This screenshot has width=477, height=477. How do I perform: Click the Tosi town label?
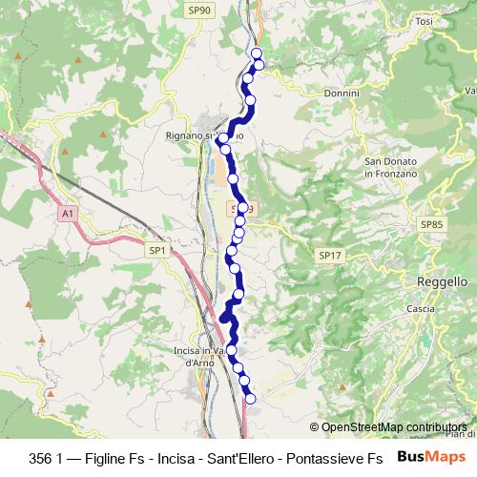click(425, 21)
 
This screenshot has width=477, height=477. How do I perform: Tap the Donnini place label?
click(341, 93)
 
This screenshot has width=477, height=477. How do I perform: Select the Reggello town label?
click(442, 283)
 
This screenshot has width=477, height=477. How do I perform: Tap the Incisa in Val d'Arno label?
click(199, 357)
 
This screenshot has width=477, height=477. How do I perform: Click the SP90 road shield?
click(199, 10)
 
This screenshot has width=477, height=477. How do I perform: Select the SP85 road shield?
click(432, 224)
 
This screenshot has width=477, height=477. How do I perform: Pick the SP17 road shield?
click(329, 256)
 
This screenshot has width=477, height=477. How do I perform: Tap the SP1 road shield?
click(157, 250)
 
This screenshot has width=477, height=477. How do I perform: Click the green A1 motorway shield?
click(66, 215)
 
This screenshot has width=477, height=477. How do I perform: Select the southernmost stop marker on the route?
click(251, 400)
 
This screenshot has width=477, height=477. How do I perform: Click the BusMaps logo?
click(429, 456)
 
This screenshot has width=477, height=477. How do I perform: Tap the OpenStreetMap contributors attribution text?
click(394, 427)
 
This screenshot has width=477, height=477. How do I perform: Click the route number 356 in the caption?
click(42, 457)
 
